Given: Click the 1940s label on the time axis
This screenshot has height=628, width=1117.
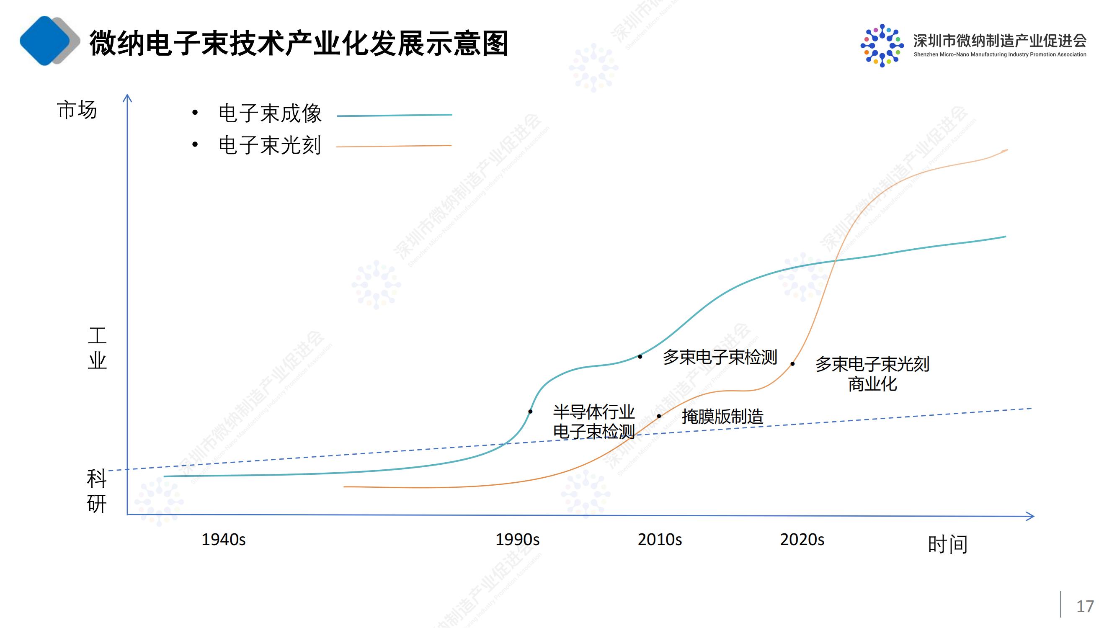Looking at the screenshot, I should coord(223,540).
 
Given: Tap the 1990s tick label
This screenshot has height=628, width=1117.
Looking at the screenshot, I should coord(517,540).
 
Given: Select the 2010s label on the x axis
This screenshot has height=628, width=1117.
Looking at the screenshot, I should coord(660,540).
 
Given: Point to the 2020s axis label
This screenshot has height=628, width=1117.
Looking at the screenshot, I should coord(802,540).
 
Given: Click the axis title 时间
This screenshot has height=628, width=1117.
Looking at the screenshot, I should coord(947,544).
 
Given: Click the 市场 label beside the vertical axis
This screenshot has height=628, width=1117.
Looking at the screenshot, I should coord(77,110).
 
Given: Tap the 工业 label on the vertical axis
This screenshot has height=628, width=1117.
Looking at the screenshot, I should coord(97,348).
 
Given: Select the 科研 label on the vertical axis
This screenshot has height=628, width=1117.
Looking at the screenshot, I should coord(96,491).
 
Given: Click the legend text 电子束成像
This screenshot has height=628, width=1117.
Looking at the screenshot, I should coord(270,113).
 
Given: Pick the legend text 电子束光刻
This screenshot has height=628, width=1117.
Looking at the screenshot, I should coord(270,145).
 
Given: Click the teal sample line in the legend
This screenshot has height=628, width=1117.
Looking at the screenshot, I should coord(394,115).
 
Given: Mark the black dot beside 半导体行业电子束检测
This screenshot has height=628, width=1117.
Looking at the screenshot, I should coord(530,411).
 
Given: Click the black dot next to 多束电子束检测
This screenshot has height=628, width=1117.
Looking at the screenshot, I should coord(640,357).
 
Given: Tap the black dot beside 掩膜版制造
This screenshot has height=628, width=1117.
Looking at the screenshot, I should coord(659,416).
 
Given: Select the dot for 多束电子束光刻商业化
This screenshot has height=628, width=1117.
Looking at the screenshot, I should coord(793,364).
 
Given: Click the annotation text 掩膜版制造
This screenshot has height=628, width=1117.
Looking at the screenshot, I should coord(722,417).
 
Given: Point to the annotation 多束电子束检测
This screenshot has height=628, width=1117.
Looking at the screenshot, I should coord(720,357).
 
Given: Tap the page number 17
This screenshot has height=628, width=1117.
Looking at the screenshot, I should coord(1085,606).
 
